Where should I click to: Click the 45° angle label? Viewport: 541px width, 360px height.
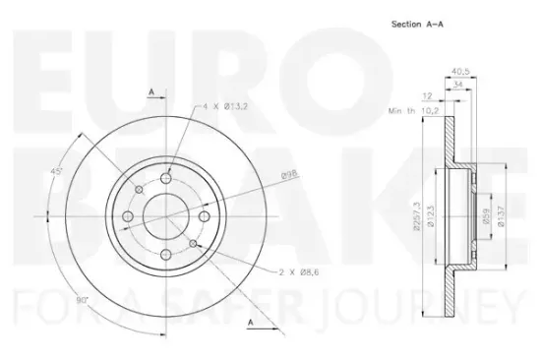(x=58, y=172)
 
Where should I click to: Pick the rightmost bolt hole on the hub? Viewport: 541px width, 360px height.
(x=205, y=215)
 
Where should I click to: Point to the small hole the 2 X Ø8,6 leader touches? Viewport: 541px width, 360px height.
(x=195, y=240)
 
